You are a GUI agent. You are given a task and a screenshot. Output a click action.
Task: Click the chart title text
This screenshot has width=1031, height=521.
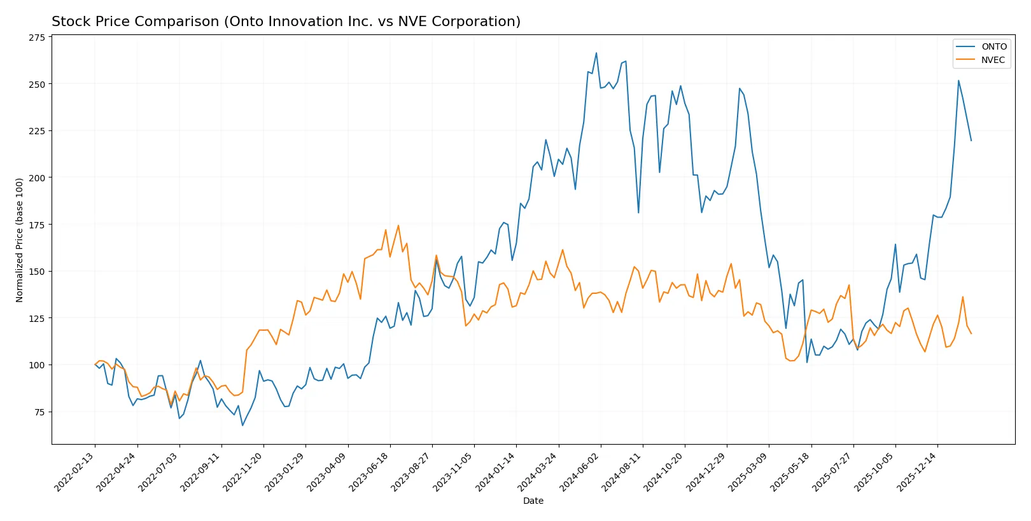click(x=286, y=22)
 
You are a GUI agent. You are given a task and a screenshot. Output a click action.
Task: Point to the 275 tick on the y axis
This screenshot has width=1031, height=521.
click(x=37, y=38)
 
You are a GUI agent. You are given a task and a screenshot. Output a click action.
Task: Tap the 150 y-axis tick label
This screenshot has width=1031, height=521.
click(x=37, y=272)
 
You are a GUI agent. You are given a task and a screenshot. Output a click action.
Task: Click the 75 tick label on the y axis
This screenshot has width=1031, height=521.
click(x=39, y=412)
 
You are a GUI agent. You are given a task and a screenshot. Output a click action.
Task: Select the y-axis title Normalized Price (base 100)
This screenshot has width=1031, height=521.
click(x=20, y=240)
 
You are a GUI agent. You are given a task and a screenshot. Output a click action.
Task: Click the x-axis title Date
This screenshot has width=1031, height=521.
click(x=533, y=501)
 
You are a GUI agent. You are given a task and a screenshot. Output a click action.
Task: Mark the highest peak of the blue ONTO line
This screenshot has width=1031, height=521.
click(x=596, y=53)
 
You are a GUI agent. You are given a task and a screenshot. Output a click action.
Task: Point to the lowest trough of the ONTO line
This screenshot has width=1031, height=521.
click(x=242, y=425)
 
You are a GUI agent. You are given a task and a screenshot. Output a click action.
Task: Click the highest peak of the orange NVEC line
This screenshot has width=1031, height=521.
click(x=398, y=225)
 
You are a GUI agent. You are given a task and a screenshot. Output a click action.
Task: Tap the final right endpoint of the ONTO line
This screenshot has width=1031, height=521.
click(x=971, y=141)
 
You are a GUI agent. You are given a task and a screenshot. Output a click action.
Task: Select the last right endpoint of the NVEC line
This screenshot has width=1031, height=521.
click(x=971, y=333)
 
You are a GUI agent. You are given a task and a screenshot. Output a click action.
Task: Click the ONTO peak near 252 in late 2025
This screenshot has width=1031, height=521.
click(x=958, y=81)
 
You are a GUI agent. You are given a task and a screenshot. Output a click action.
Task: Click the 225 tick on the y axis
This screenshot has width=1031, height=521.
click(x=37, y=131)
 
